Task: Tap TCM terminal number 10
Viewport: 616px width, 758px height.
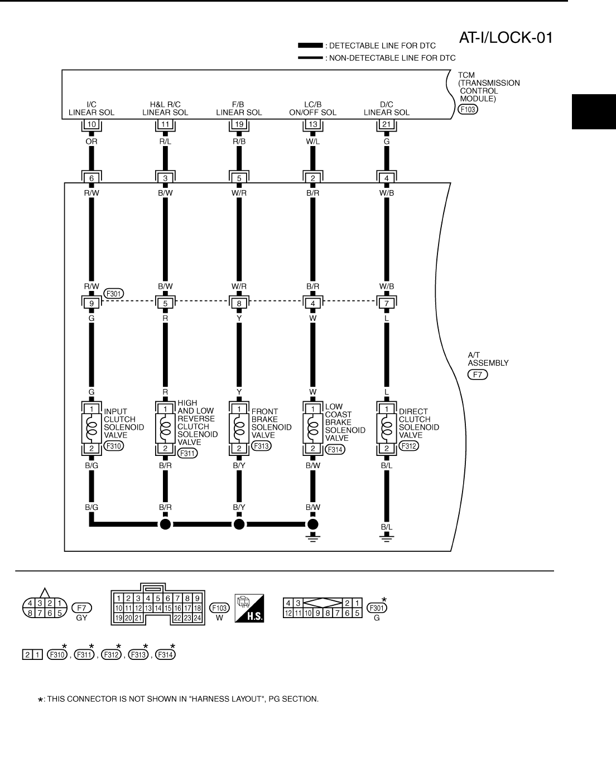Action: (92, 124)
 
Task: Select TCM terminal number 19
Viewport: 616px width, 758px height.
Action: (239, 124)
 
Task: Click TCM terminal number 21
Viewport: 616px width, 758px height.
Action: (386, 124)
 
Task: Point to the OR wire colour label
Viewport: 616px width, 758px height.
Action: (92, 142)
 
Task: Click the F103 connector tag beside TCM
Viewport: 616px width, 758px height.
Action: (467, 109)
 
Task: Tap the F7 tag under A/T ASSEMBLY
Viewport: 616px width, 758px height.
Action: (478, 375)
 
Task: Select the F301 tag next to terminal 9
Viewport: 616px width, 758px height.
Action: (114, 294)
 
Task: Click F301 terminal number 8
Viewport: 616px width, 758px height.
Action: (239, 304)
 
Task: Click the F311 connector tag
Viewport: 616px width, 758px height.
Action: (187, 453)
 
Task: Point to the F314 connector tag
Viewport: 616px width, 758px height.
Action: (335, 449)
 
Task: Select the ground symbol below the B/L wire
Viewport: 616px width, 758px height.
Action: (386, 537)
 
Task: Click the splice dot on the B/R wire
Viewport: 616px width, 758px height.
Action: (165, 524)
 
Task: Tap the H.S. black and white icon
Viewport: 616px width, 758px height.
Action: (249, 609)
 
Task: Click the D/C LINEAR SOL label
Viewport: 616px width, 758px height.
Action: (386, 108)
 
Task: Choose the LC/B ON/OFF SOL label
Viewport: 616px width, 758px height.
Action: (312, 108)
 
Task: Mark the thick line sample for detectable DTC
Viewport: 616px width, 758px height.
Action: (310, 45)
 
